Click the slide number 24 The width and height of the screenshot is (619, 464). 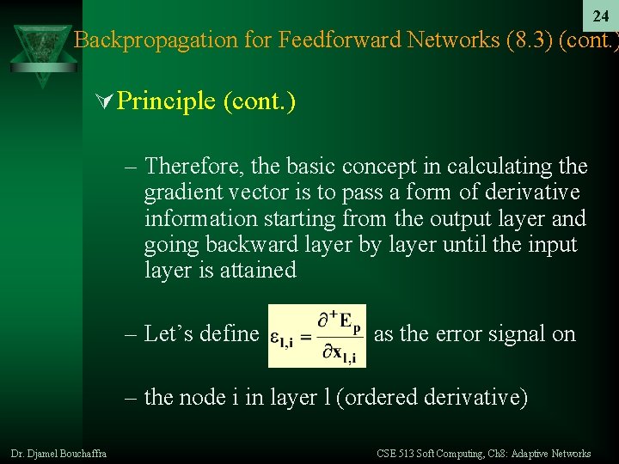point(600,16)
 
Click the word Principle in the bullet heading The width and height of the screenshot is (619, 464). point(166,101)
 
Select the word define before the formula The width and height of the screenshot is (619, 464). point(233,333)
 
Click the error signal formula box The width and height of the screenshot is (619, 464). point(316,335)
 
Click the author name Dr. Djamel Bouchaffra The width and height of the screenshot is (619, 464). point(58,453)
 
